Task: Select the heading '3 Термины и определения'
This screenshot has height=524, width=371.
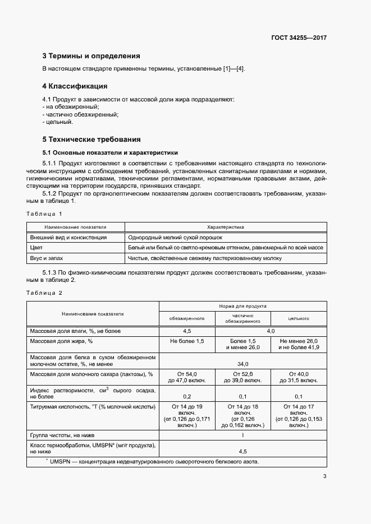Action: tap(91, 56)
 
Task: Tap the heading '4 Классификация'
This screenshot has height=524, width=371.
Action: tap(75, 86)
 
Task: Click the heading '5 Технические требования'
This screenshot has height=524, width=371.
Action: tap(91, 139)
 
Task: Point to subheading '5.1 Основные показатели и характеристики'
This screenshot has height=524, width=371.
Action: tap(110, 152)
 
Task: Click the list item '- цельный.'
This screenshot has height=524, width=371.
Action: tap(58, 122)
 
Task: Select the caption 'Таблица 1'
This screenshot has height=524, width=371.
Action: tap(44, 214)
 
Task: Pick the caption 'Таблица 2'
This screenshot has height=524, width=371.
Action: tap(44, 293)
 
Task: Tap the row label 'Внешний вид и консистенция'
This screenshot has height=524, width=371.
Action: tap(68, 238)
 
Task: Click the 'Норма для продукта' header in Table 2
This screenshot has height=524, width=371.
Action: tap(242, 307)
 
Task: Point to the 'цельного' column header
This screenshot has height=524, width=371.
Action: tap(299, 318)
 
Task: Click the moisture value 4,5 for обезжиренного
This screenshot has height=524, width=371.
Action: tap(187, 331)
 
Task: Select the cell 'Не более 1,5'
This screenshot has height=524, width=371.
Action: tap(187, 341)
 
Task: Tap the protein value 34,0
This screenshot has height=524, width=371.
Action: tap(242, 363)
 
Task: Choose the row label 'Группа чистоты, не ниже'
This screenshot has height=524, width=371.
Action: tap(62, 435)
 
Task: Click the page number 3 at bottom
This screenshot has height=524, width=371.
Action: tap(324, 477)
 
